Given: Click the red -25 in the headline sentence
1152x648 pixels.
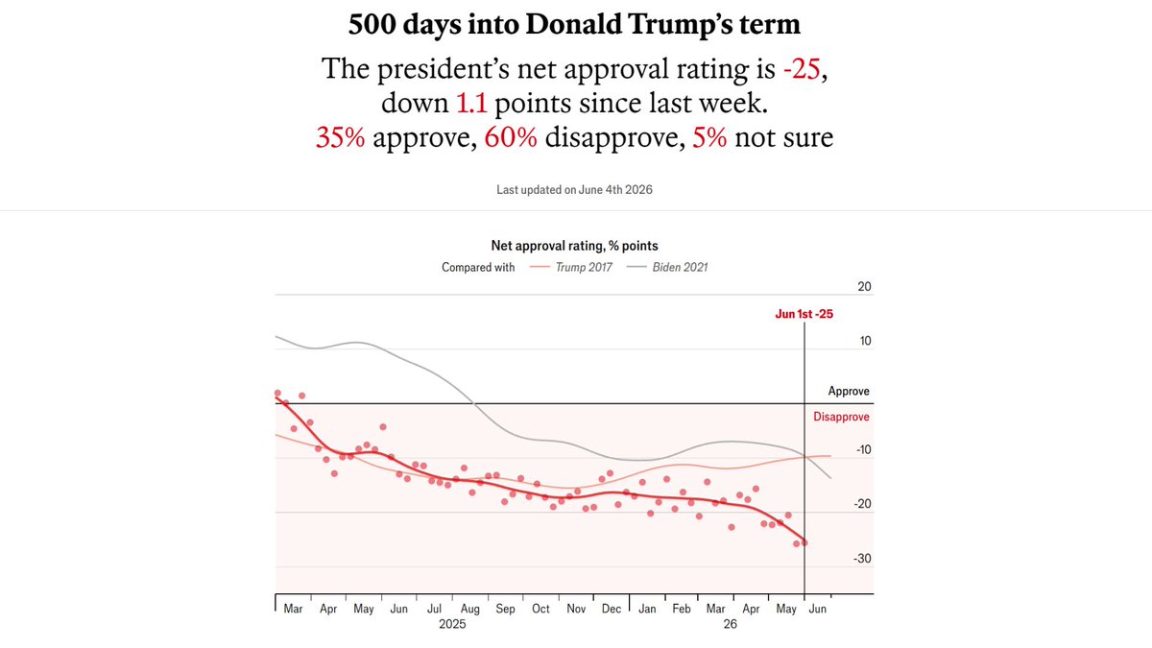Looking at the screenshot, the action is pos(802,69).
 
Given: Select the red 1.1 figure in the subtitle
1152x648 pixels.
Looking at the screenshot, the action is pos(471,103).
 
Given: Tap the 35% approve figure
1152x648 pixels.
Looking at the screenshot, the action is pos(340,137).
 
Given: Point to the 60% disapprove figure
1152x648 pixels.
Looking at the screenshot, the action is pos(511,137).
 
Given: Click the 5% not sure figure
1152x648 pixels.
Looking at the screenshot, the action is pos(709,137).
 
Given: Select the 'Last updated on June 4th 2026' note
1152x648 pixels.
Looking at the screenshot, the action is pos(574,190).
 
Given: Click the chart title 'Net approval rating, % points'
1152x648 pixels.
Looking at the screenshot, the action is pos(574,246).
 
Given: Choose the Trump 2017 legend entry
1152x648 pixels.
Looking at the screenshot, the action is pos(571,268).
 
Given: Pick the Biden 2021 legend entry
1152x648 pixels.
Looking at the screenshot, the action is pos(667,268).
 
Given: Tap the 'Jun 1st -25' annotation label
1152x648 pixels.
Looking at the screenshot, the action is pos(804,314).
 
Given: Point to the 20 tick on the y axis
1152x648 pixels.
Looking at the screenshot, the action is pos(865,286).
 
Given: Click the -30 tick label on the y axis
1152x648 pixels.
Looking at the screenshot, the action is pos(862,559).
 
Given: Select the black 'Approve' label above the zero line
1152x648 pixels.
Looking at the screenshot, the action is pos(849,392).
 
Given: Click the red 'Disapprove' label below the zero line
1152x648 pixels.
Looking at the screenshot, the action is pos(841,417).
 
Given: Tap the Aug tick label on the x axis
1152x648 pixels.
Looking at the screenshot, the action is pos(470,609).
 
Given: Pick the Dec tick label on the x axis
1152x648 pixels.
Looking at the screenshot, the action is pos(612,609).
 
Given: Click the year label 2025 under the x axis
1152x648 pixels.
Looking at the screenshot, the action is pos(452,624).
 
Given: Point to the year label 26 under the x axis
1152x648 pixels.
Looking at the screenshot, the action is pos(731,624).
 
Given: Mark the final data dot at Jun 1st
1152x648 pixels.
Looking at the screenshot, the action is pos(804,542).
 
